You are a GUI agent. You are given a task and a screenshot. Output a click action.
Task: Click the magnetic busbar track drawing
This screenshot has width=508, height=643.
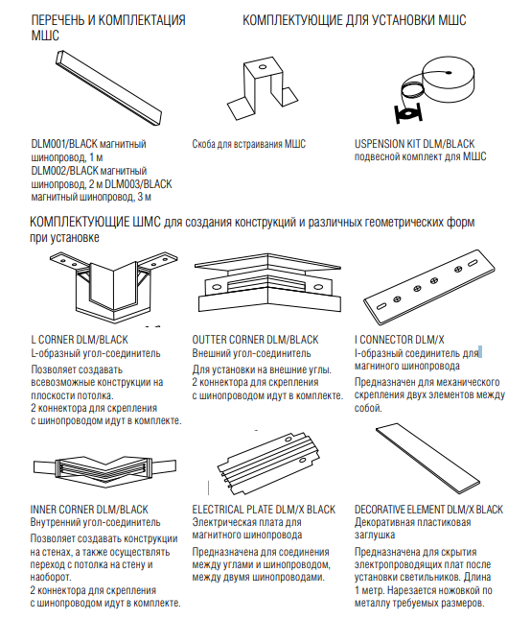[x=109, y=87]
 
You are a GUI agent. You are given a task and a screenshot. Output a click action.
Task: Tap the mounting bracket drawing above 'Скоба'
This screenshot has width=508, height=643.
[x=263, y=88]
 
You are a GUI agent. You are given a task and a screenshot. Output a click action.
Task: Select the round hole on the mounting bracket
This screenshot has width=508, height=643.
[x=263, y=67]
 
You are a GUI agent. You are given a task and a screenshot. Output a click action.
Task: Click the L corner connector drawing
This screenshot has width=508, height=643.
[x=113, y=288]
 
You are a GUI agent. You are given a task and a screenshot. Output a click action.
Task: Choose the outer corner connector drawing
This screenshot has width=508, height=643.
[x=267, y=283]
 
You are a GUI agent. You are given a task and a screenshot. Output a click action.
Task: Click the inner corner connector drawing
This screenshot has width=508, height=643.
[x=104, y=466]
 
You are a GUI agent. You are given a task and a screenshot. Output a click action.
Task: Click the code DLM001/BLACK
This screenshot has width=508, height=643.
[x=64, y=144]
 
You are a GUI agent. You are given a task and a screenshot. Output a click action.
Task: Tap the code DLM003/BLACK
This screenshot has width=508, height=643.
[x=138, y=183]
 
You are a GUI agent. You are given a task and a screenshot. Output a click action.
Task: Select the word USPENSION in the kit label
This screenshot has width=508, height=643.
[x=380, y=144]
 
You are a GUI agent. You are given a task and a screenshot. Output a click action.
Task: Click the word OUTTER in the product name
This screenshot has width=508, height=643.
[x=209, y=340]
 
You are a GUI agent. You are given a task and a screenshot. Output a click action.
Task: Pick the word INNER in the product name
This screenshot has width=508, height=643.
[x=43, y=510]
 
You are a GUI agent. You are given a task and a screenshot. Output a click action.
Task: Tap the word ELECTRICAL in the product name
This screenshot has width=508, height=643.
[x=218, y=510]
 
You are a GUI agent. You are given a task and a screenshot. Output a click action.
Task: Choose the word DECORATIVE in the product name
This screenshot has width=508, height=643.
[x=380, y=510]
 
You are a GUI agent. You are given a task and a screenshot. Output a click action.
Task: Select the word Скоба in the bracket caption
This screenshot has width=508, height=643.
[x=203, y=144]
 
